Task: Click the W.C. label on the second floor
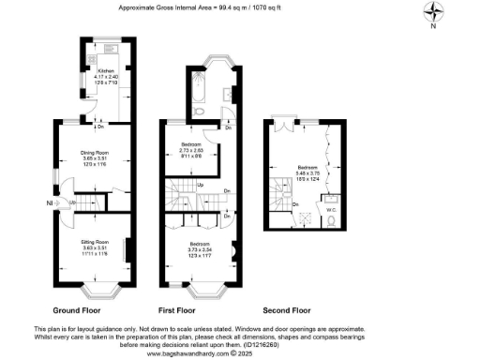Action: pyautogui.click(x=330, y=198)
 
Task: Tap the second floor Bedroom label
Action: pyautogui.click(x=308, y=168)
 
